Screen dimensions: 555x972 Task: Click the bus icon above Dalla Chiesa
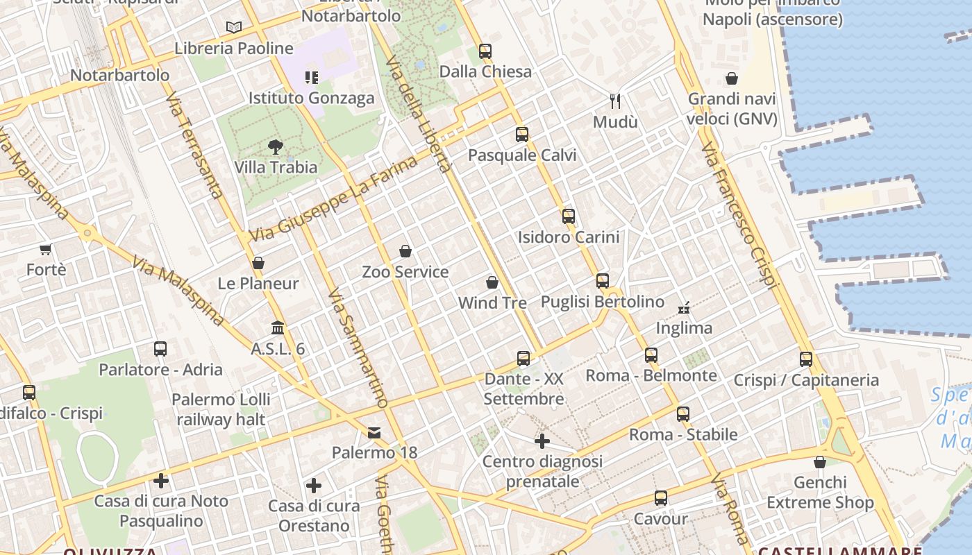click(485, 51)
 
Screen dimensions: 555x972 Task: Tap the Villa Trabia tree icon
click(276, 147)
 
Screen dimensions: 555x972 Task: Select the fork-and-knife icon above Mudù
click(615, 101)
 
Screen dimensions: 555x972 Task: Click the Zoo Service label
click(405, 271)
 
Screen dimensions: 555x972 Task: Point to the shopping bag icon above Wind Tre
click(492, 282)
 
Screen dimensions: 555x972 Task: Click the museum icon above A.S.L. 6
click(278, 327)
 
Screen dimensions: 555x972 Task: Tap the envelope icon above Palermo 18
click(374, 433)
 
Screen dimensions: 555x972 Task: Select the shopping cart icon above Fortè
click(46, 249)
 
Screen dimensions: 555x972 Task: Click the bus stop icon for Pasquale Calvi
click(522, 135)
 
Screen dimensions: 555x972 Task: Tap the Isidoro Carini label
click(569, 237)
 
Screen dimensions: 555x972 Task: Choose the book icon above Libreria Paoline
click(234, 28)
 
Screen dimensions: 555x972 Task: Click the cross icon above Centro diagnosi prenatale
click(542, 441)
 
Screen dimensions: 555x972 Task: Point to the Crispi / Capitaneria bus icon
click(806, 359)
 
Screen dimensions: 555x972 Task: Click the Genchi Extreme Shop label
click(820, 492)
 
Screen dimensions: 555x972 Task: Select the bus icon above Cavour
click(661, 498)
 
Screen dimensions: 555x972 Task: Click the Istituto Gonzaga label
click(312, 98)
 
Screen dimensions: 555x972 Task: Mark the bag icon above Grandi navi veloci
click(732, 78)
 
